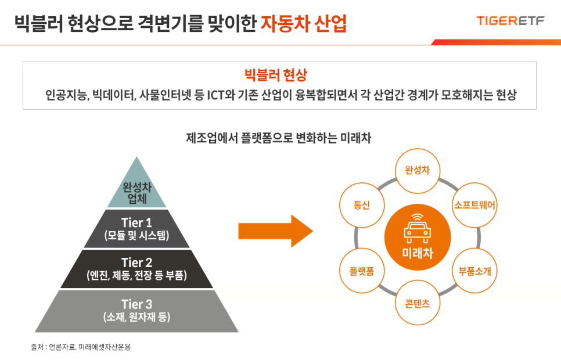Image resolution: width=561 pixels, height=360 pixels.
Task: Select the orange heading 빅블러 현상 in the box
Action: point(279,75)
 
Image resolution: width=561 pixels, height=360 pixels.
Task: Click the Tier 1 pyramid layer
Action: point(136,229)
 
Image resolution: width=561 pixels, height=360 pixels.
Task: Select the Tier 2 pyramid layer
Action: point(136,269)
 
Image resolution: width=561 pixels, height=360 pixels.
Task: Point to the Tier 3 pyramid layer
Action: point(136,311)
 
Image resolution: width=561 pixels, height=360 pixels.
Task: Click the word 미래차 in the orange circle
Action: point(417,253)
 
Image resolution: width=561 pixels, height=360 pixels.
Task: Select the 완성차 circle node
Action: point(417,170)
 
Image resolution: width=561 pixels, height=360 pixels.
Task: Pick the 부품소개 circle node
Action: point(475,271)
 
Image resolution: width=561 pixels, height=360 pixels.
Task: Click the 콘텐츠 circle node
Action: point(417,303)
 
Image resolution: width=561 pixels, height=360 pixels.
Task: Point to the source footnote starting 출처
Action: point(81,347)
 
